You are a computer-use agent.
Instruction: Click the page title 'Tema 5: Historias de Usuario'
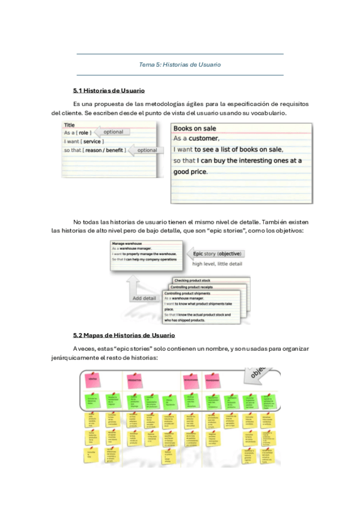point(180,64)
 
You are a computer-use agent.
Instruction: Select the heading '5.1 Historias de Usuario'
point(109,91)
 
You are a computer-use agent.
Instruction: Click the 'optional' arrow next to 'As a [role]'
point(112,132)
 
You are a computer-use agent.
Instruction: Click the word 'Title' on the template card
point(69,125)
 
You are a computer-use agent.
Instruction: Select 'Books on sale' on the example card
point(195,128)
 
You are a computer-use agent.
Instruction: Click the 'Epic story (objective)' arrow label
point(213,254)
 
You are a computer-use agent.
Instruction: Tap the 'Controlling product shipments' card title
point(188,293)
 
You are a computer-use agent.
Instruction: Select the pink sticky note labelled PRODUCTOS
point(134,380)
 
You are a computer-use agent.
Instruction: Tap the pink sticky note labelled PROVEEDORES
point(212,380)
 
